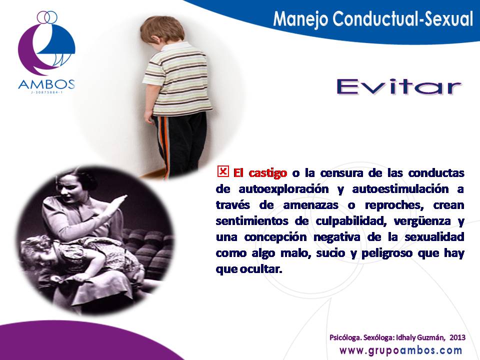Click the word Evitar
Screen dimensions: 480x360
pyautogui.click(x=399, y=86)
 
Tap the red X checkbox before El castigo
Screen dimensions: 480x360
pyautogui.click(x=223, y=171)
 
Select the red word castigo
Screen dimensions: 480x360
pyautogui.click(x=268, y=173)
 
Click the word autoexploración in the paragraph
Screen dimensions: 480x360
pyautogui.click(x=283, y=189)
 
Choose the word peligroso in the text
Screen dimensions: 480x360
pyautogui.click(x=387, y=253)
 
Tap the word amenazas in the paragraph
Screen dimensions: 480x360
pyautogui.click(x=310, y=205)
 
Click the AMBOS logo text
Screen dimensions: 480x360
pyautogui.click(x=46, y=84)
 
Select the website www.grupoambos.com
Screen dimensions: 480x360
pyautogui.click(x=400, y=350)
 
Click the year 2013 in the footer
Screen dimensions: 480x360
pyautogui.click(x=457, y=337)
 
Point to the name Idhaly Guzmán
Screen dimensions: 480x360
pyautogui.click(x=420, y=337)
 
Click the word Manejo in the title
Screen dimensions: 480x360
pyautogui.click(x=300, y=19)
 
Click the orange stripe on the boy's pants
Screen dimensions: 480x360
pyautogui.click(x=166, y=144)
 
